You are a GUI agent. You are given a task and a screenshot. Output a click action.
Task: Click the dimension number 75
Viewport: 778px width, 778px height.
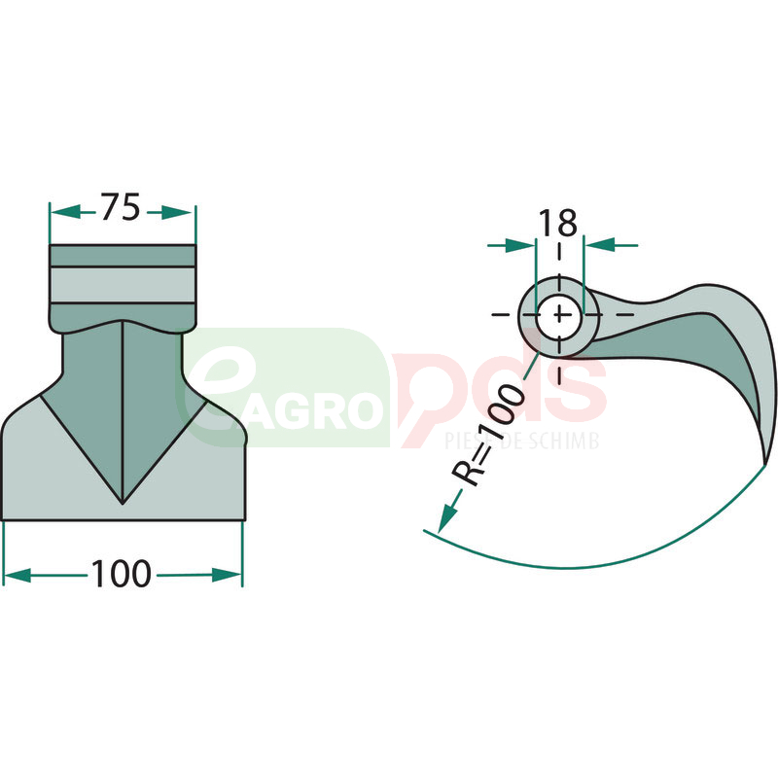[x=121, y=207]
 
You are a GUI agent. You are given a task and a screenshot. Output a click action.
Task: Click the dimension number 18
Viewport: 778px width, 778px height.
[x=557, y=223]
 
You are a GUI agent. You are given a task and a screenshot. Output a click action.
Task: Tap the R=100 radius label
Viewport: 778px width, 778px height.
[x=488, y=435]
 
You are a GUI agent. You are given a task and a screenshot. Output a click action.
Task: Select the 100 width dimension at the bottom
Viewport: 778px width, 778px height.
[x=121, y=574]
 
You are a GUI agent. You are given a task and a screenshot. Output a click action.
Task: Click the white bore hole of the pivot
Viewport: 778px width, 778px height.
[x=559, y=315]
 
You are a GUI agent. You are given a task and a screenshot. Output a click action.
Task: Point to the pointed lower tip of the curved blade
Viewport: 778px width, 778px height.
[x=764, y=466]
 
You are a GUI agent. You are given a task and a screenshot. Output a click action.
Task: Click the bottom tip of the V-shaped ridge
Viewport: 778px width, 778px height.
[x=123, y=503]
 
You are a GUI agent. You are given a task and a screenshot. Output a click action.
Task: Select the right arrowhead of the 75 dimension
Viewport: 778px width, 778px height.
[x=177, y=213]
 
